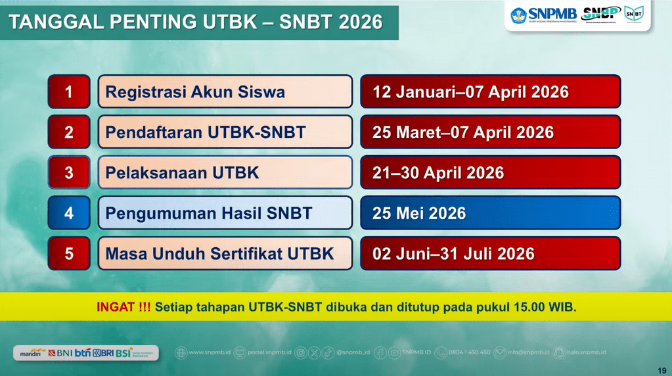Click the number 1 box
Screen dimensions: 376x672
(69, 92)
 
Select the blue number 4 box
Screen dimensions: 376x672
(69, 213)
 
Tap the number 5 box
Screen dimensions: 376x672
(69, 253)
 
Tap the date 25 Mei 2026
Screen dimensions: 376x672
(419, 213)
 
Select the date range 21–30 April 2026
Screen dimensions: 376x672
(438, 173)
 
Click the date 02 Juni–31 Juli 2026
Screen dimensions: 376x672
(453, 253)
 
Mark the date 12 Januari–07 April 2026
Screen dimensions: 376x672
(470, 92)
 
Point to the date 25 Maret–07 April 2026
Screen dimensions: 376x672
(463, 132)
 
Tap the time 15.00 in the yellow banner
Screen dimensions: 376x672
(530, 307)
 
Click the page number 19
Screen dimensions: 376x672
(661, 369)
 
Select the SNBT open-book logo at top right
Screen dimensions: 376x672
(634, 13)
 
